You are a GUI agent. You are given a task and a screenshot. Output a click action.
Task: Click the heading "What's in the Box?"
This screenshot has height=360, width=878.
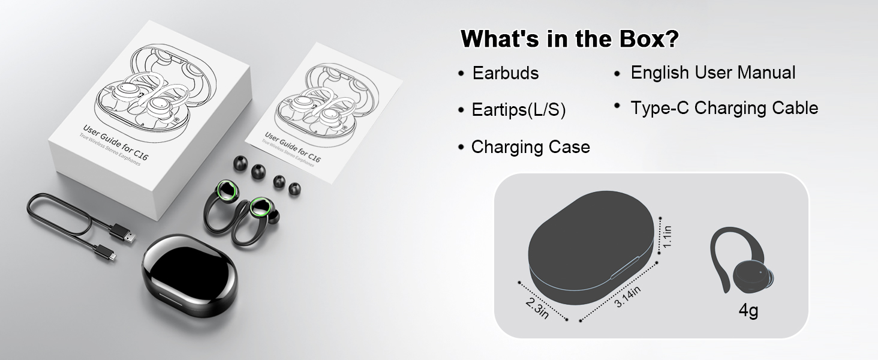tap(570, 40)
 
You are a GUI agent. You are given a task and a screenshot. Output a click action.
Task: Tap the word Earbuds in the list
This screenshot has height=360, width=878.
tap(506, 73)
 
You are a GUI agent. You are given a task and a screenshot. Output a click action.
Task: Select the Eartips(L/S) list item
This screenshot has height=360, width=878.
tap(519, 110)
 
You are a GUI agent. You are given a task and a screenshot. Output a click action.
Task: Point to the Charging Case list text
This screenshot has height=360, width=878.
tap(530, 147)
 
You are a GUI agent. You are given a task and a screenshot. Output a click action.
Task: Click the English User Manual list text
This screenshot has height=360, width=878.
tap(712, 73)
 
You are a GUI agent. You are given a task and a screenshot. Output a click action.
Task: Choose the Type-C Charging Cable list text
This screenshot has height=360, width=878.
tap(724, 109)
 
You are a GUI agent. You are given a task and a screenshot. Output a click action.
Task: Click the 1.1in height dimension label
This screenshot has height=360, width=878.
tap(667, 236)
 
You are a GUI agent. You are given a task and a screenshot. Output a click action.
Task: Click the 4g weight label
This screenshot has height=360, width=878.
tap(748, 311)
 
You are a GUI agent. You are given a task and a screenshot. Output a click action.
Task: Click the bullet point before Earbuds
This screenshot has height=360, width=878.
tap(461, 74)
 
